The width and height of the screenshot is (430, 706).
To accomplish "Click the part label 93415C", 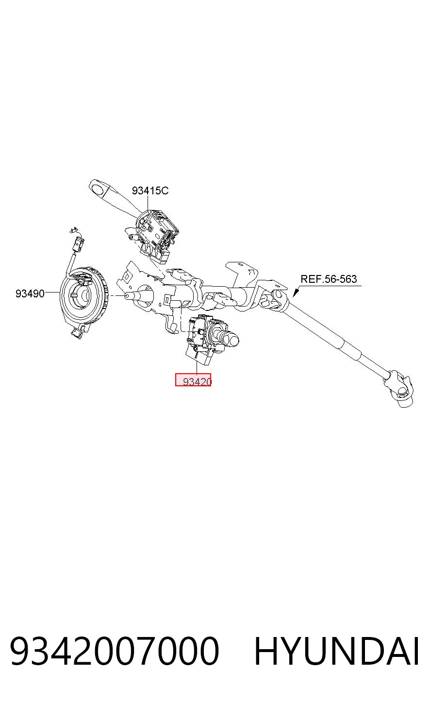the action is coord(150,190).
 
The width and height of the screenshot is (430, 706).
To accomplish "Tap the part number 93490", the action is coord(30,294).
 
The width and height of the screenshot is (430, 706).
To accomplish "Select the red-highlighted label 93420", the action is coord(193,379).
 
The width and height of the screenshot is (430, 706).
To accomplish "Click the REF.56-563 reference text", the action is coord(329,279).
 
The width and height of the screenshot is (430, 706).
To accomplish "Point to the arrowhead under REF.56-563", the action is coord(295,293).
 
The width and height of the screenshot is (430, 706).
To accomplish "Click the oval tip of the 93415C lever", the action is coord(98,188).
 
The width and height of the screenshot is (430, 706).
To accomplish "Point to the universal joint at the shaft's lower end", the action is coord(398,390).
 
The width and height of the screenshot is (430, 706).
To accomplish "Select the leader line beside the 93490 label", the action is coord(52,293).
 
